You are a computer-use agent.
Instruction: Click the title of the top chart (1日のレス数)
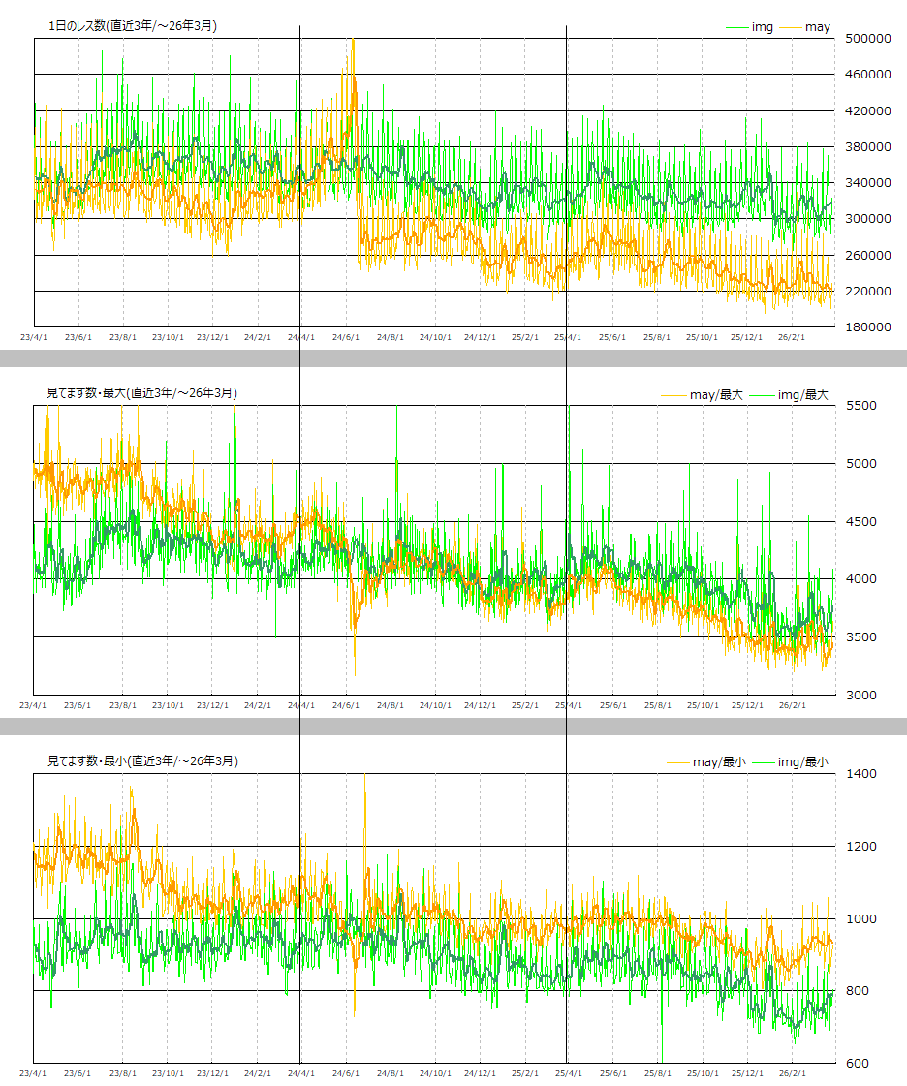pyautogui.click(x=133, y=26)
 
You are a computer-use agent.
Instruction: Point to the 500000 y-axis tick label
pyautogui.click(x=868, y=39)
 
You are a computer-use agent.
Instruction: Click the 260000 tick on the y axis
pyautogui.click(x=868, y=255)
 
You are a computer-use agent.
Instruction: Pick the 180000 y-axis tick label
pyautogui.click(x=868, y=327)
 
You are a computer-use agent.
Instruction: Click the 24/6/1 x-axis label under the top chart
pyautogui.click(x=346, y=338)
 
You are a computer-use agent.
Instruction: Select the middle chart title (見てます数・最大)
pyautogui.click(x=141, y=393)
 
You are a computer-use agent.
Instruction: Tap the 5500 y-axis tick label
pyautogui.click(x=860, y=406)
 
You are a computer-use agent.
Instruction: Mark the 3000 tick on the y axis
pyautogui.click(x=860, y=695)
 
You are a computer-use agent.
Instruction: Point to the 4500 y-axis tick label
pyautogui.click(x=860, y=521)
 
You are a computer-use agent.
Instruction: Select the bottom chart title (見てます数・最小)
pyautogui.click(x=142, y=761)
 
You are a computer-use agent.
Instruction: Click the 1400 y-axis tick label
pyautogui.click(x=860, y=774)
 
